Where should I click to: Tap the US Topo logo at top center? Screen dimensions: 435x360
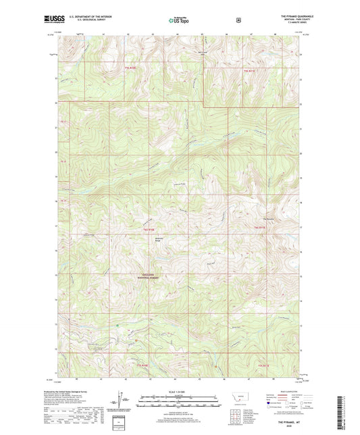point(179,20)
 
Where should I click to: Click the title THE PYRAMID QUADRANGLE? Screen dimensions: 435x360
point(286,16)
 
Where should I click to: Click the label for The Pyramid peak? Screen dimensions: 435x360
point(268,217)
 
